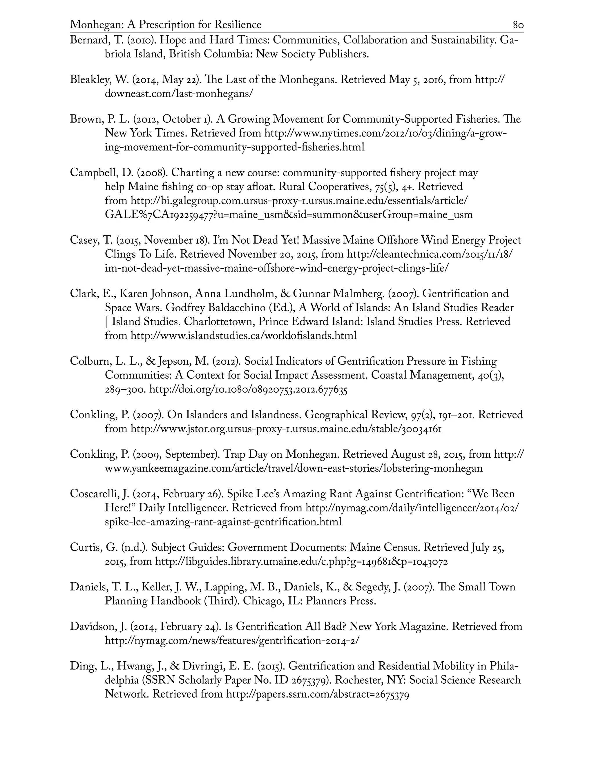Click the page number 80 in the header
tap(518, 25)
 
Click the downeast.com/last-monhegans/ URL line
tap(179, 94)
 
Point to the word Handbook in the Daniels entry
tap(176, 601)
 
